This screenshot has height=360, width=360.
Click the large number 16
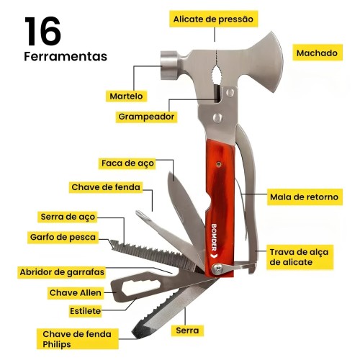pyautogui.click(x=42, y=31)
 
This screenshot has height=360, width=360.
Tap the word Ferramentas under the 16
pyautogui.click(x=66, y=57)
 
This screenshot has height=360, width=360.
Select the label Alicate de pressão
pyautogui.click(x=214, y=19)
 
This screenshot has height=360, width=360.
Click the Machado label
pyautogui.click(x=318, y=53)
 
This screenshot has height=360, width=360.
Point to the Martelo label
pyautogui.click(x=126, y=96)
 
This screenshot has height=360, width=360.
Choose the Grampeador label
pyautogui.click(x=146, y=117)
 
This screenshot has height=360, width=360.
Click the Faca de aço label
pyautogui.click(x=127, y=163)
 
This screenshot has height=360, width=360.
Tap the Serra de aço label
pyautogui.click(x=68, y=217)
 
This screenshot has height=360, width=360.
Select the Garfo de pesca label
pyautogui.click(x=63, y=237)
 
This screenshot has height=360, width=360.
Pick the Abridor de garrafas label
pyautogui.click(x=62, y=272)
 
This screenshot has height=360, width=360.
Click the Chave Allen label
pyautogui.click(x=76, y=293)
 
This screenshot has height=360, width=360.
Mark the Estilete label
pyautogui.click(x=85, y=311)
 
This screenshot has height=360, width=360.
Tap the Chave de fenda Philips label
pyautogui.click(x=77, y=339)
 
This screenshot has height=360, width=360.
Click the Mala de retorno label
pyautogui.click(x=305, y=197)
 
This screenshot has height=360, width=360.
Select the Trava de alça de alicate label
pyautogui.click(x=300, y=257)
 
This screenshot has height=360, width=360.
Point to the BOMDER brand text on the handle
pyautogui.click(x=214, y=237)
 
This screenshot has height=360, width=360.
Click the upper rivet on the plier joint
pyautogui.click(x=230, y=92)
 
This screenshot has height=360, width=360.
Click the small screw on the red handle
pyautogui.click(x=219, y=164)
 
